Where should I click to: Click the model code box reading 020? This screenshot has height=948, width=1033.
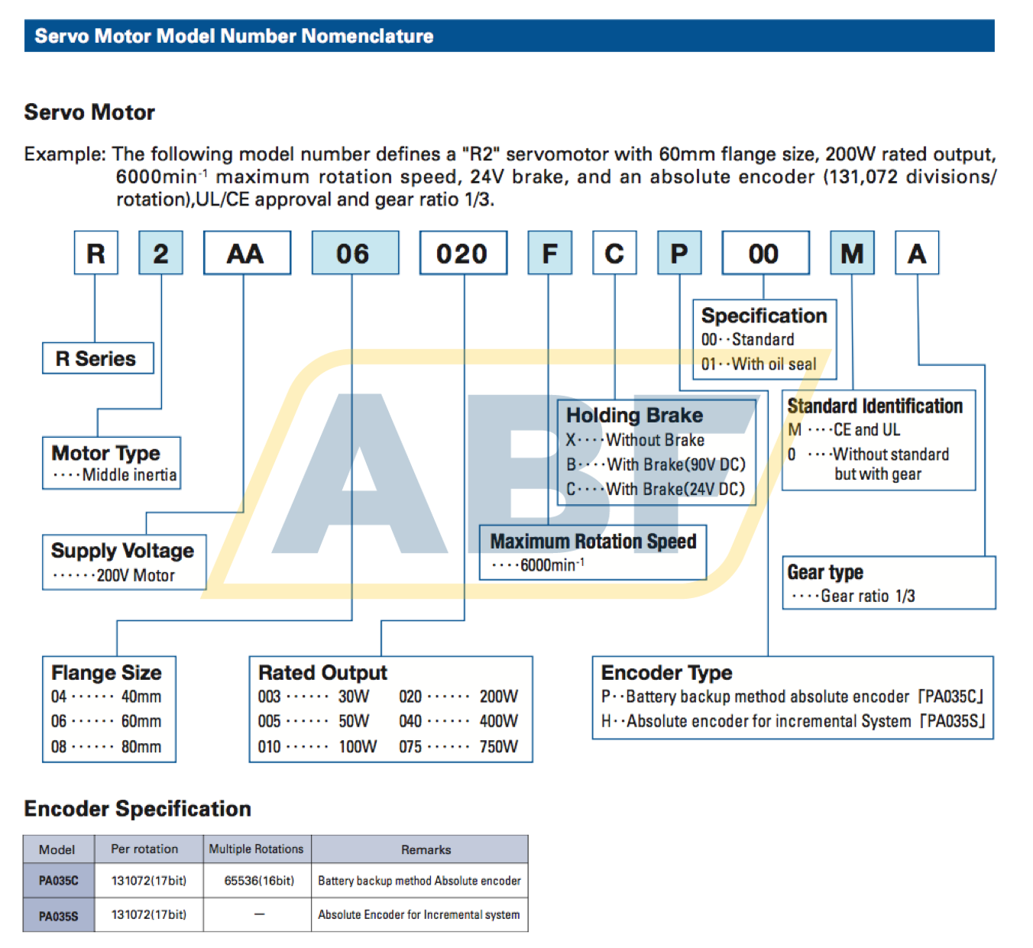[x=463, y=254]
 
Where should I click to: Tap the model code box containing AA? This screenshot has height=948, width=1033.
[x=246, y=254]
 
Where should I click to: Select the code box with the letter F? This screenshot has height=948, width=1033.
[x=549, y=254]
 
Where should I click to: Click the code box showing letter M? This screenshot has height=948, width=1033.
[x=852, y=254]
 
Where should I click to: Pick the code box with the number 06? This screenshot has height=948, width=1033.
[x=355, y=254]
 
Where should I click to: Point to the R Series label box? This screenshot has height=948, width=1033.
[x=97, y=359]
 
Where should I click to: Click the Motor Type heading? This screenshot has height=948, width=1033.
[x=105, y=453]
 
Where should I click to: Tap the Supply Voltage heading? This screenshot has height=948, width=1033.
[x=122, y=551]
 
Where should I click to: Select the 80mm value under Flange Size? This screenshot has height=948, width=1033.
[x=141, y=746]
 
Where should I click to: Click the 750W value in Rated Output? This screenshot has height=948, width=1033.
[x=498, y=746]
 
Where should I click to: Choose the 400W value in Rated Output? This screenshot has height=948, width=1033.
[x=498, y=721]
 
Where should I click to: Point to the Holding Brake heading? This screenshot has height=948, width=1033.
[x=634, y=416]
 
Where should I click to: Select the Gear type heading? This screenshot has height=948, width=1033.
[x=825, y=572]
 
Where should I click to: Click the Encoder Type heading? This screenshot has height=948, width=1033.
[x=666, y=673]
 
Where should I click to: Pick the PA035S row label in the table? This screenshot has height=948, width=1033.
[x=59, y=915]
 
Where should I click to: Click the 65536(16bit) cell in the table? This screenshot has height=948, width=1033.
[x=259, y=881]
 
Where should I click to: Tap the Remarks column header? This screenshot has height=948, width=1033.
[x=426, y=849]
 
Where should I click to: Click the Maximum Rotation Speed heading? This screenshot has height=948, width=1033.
[x=593, y=542]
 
